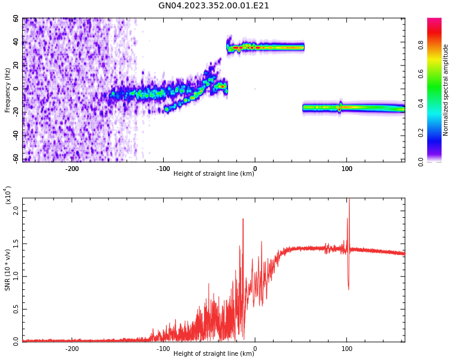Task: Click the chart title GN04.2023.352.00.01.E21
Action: (214, 6)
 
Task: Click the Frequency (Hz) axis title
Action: (8, 90)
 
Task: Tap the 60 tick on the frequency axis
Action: (16, 19)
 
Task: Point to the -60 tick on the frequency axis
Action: (14, 158)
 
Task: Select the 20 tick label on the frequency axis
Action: (16, 65)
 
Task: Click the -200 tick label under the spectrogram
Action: (72, 169)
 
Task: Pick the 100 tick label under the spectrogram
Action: (347, 169)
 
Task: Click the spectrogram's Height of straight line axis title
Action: (214, 174)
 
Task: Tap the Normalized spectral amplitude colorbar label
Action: (446, 90)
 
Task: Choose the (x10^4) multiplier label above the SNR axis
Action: (8, 194)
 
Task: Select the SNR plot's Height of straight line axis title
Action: (214, 354)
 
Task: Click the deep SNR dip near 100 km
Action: (349, 288)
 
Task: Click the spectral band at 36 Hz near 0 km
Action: (254, 47)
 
